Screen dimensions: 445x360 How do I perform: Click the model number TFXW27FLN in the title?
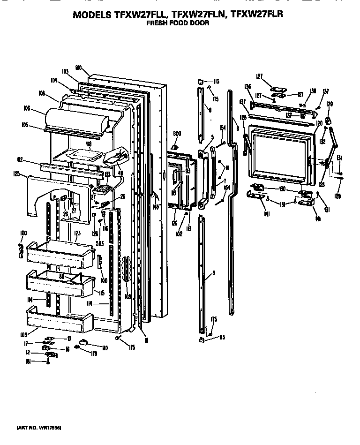tap(195, 15)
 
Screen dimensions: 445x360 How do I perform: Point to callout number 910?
tap(79, 68)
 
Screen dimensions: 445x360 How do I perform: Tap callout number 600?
tap(177, 134)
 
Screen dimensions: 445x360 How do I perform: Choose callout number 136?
tap(247, 86)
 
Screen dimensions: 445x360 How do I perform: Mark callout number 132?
tap(323, 141)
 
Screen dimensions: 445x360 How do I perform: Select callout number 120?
tap(319, 123)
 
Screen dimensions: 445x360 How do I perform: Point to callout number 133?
tap(107, 174)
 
